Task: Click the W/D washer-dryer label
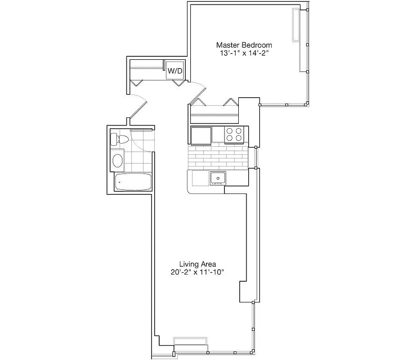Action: (175, 71)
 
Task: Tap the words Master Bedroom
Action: (244, 45)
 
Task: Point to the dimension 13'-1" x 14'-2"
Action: (244, 53)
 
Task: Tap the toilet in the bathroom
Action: (119, 139)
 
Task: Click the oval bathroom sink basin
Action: (118, 161)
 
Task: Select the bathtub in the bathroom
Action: (133, 182)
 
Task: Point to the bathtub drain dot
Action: (119, 182)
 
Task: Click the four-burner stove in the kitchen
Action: (234, 135)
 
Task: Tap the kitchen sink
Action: (218, 178)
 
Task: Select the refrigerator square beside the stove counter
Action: (201, 135)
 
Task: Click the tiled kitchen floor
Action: (218, 157)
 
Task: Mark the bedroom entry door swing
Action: (198, 92)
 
